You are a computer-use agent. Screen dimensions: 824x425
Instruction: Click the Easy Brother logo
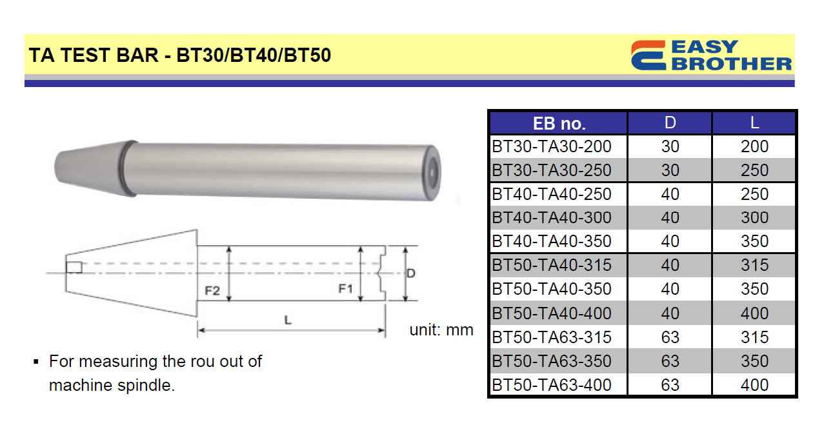tap(711, 55)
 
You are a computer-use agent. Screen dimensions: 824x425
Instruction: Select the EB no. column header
tap(559, 124)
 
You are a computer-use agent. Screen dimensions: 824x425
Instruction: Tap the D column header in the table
tap(670, 123)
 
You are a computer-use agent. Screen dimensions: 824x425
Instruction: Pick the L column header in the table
tap(754, 123)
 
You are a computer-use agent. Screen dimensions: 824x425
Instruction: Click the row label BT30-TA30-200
tap(552, 146)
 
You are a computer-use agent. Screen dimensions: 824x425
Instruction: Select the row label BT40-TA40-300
tap(552, 217)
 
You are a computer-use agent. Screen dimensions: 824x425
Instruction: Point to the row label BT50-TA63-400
tap(552, 385)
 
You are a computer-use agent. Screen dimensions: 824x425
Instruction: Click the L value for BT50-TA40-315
tap(754, 265)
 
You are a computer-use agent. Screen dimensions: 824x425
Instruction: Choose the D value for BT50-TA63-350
tap(670, 361)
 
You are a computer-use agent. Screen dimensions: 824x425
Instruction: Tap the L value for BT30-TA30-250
tap(754, 170)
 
